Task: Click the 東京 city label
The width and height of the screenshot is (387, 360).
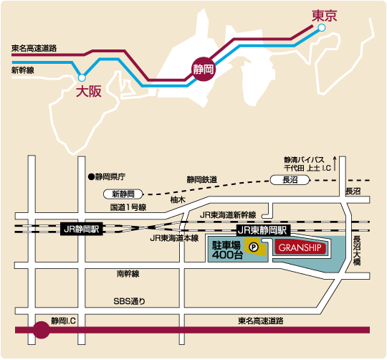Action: [325, 14]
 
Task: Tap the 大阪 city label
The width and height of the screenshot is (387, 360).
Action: [89, 91]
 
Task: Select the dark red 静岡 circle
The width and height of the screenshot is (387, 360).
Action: [204, 69]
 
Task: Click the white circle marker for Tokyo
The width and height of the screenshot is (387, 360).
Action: [321, 27]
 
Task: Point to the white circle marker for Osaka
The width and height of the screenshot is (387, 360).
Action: [82, 75]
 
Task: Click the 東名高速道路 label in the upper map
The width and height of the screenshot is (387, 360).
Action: [34, 49]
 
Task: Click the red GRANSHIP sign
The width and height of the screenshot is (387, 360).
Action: [300, 247]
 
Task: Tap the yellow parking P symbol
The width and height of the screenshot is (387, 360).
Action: [253, 247]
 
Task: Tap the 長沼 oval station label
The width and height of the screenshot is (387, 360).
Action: [290, 179]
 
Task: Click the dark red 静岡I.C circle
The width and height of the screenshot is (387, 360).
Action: [42, 331]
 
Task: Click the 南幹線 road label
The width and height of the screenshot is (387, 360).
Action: [127, 274]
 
